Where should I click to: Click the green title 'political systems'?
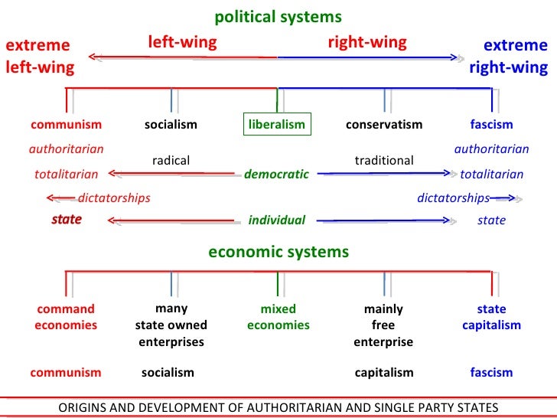point(278,17)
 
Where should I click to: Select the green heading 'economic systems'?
point(278,252)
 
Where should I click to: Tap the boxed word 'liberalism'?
point(277,125)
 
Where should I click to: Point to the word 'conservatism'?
point(384,125)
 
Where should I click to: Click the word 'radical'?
point(171,161)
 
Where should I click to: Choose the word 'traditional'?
point(384,161)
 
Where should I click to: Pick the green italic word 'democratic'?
point(276,175)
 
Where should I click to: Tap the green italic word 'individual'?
point(276,220)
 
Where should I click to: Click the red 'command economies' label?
point(66,317)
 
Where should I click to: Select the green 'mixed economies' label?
point(278,317)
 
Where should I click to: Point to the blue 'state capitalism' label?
point(491,317)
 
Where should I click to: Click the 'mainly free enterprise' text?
point(383,325)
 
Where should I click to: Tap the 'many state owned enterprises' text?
point(171,325)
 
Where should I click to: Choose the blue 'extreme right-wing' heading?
point(509,57)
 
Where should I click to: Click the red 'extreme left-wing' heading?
point(40,57)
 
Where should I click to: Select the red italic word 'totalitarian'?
point(67,175)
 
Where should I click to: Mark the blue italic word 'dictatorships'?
point(453,198)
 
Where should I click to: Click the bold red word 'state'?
point(67,220)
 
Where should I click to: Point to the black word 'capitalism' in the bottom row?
point(384,373)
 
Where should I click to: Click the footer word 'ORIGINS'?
point(83,407)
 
